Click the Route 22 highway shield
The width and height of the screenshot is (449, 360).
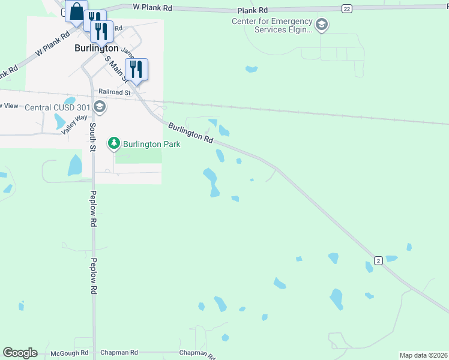pyautogui.click(x=346, y=8)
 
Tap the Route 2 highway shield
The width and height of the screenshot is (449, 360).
pyautogui.click(x=378, y=260)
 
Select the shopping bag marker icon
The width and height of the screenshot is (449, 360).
pyautogui.click(x=76, y=11)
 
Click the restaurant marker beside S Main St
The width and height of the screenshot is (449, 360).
pyautogui.click(x=136, y=69)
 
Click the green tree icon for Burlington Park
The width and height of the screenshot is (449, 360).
pyautogui.click(x=113, y=143)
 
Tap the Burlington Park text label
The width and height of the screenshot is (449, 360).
pyautogui.click(x=152, y=144)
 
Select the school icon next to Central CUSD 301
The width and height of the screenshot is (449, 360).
pyautogui.click(x=100, y=107)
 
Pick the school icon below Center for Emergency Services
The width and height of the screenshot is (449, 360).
pyautogui.click(x=322, y=25)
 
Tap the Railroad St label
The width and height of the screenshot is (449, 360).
pyautogui.click(x=115, y=92)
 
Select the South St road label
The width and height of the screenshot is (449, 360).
pyautogui.click(x=92, y=137)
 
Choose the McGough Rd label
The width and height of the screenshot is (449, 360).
pyautogui.click(x=70, y=353)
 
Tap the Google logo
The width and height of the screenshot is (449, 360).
pyautogui.click(x=20, y=353)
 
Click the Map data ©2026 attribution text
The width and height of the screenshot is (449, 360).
pyautogui.click(x=423, y=355)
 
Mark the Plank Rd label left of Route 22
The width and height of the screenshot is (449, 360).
pyautogui.click(x=252, y=10)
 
